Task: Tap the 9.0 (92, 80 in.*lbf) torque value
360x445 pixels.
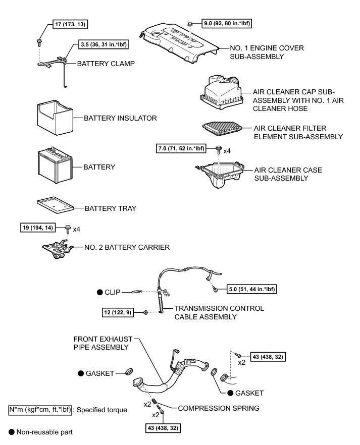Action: pos(228,23)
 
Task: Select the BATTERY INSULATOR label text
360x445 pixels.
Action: pos(120,118)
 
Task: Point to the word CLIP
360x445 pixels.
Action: pos(114,292)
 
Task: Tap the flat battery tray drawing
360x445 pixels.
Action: pos(55,204)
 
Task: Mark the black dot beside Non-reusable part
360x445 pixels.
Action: pos(12,432)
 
